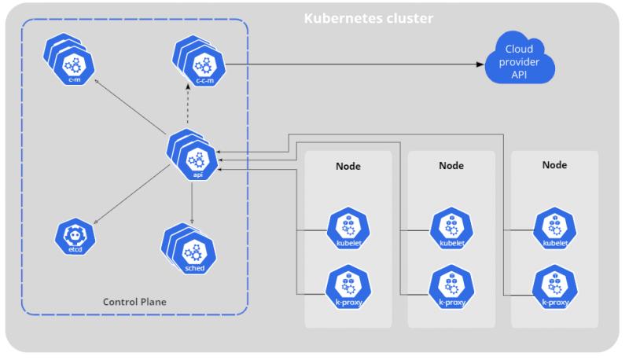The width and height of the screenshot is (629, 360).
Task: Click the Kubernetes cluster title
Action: coord(368,18)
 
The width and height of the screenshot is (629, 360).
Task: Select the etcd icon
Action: coord(75,237)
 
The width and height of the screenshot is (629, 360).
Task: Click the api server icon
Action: coord(193,155)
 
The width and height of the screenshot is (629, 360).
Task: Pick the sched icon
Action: coord(189,248)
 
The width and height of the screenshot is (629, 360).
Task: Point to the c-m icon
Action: coord(69,59)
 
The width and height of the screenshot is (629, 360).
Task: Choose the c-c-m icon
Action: coord(199,61)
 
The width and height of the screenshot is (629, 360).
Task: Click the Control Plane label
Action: coord(134,302)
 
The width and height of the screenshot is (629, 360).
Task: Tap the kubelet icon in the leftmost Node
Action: coord(348,229)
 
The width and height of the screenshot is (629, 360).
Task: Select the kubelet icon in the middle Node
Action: coord(451,229)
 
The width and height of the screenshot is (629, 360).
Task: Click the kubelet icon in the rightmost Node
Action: coord(555,229)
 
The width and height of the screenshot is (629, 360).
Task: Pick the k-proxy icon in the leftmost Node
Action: coord(348,287)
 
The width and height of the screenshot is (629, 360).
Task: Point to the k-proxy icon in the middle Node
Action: coord(451,287)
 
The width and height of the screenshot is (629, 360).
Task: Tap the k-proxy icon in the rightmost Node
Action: coord(555,287)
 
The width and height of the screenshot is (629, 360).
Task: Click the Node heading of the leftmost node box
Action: coord(348,166)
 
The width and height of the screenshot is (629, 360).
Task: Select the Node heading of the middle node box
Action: coord(451,166)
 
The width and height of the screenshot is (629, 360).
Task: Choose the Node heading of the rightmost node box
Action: coord(555,165)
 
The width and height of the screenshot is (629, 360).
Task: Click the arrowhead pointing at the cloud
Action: coord(480,64)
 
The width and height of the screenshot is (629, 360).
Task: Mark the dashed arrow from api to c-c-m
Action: coord(187,104)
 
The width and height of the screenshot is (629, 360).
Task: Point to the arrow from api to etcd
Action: coord(131,194)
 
